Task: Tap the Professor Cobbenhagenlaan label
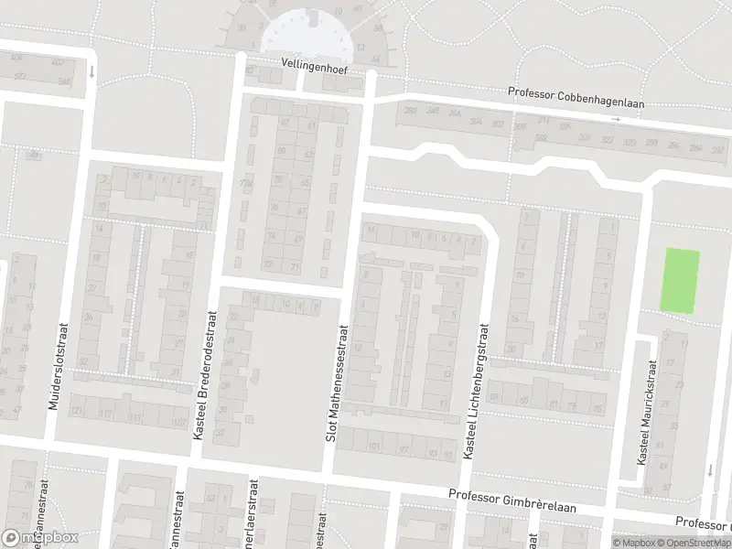576,98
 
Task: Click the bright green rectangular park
680,280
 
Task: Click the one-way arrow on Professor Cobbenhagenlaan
617,119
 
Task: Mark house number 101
372,447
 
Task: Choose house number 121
78,413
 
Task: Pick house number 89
495,397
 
